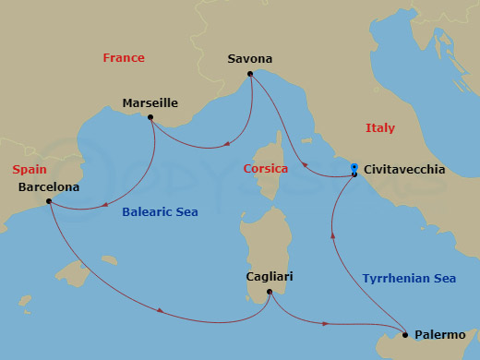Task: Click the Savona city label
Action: (249, 60)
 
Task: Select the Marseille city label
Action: (150, 103)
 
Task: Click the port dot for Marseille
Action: (151, 119)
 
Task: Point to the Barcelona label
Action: (48, 186)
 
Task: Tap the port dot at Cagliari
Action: (269, 293)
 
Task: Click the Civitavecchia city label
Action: (405, 170)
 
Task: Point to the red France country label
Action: (124, 58)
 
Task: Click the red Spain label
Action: (30, 171)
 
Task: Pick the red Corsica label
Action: (266, 169)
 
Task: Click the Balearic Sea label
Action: (160, 212)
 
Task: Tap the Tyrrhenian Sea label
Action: (408, 277)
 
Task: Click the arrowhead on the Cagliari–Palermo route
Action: (326, 323)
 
